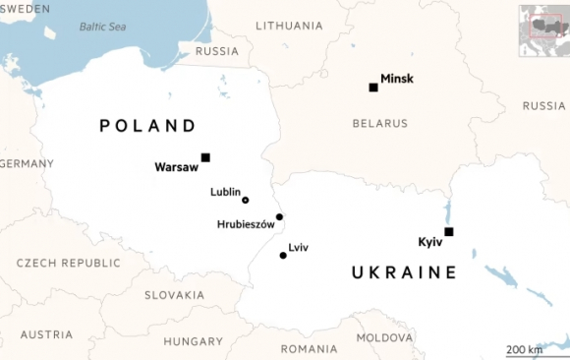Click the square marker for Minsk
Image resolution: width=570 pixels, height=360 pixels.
click(x=373, y=88)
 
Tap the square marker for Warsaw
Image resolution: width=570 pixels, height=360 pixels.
click(x=205, y=157)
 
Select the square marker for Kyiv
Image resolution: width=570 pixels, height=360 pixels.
click(x=449, y=232)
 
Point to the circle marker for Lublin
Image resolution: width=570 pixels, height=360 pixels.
click(x=246, y=200)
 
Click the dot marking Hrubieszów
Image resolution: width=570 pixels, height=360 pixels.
click(x=280, y=217)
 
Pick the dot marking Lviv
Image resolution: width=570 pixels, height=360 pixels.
click(x=283, y=256)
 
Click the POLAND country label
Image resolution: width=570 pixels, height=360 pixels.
click(x=148, y=126)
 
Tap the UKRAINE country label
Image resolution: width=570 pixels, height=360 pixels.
click(x=404, y=272)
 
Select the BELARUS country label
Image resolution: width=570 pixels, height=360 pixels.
click(x=379, y=124)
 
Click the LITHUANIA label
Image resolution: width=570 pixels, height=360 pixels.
click(x=288, y=26)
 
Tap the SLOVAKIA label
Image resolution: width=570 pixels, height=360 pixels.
click(x=174, y=295)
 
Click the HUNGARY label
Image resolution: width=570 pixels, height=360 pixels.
click(x=194, y=342)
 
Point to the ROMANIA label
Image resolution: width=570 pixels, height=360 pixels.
click(x=309, y=349)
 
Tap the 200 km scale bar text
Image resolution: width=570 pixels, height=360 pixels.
click(x=524, y=349)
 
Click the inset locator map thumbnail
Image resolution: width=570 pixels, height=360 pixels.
click(x=543, y=22)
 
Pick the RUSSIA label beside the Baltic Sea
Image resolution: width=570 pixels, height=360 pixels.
click(x=216, y=51)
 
